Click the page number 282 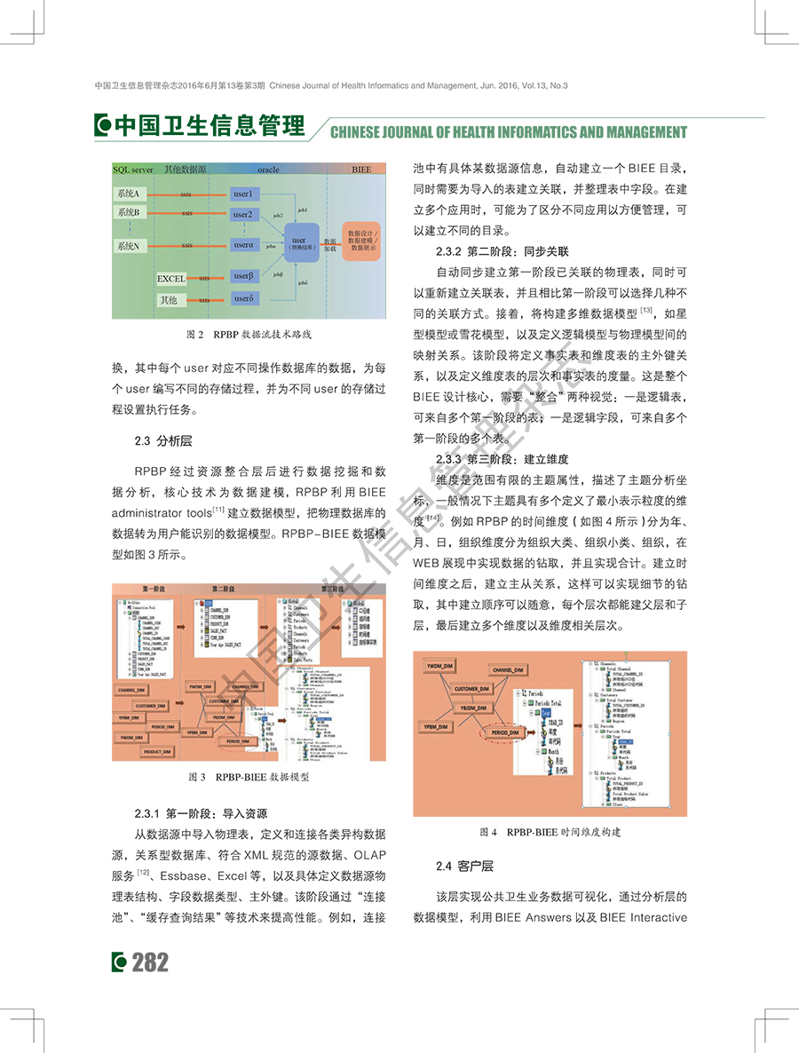pos(150,962)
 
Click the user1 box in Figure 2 pos(243,194)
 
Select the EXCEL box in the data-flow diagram pos(171,279)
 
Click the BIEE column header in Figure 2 pos(361,169)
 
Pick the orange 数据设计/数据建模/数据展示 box pos(365,240)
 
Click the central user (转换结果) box pos(299,242)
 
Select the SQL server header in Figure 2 pos(133,169)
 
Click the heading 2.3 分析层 pos(163,440)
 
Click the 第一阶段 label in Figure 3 pos(156,589)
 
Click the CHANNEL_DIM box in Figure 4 pos(512,670)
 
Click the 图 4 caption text pos(550,832)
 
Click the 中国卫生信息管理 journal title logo pos(200,127)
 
